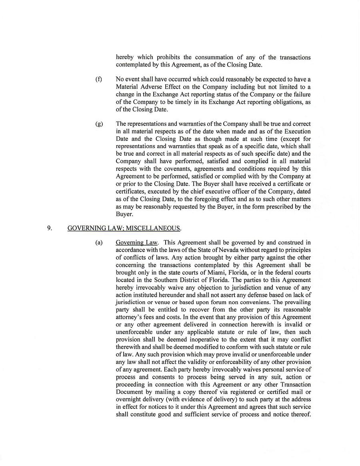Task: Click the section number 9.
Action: [x=50, y=228]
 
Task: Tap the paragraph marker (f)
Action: [x=98, y=80]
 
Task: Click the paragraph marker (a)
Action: [x=98, y=242]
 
